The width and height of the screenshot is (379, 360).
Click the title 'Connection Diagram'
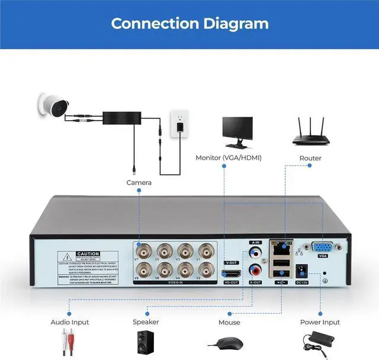[189, 24]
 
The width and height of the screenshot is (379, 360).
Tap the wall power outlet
[179, 121]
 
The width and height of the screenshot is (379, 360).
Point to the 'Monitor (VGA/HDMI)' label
[228, 158]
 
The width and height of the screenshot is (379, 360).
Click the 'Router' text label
[310, 158]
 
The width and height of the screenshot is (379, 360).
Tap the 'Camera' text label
[139, 182]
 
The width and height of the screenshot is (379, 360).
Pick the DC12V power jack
[304, 269]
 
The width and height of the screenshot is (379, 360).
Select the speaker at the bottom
[145, 343]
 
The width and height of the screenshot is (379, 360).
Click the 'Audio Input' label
[69, 322]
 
